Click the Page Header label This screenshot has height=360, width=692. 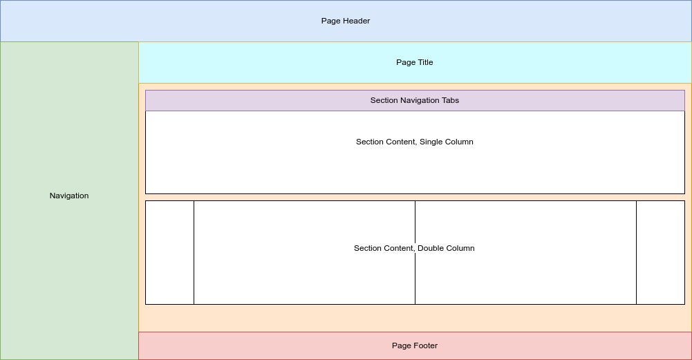(x=346, y=21)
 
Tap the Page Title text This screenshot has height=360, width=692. (x=415, y=62)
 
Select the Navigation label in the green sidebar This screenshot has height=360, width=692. (x=69, y=196)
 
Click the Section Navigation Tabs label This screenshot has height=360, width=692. (x=415, y=100)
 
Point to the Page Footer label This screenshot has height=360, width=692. (x=415, y=345)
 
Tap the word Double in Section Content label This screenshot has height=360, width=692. (x=430, y=248)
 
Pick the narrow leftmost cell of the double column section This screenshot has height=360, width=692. (x=169, y=252)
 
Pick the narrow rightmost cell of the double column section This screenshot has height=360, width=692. (x=660, y=252)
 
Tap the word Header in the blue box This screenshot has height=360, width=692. (x=357, y=21)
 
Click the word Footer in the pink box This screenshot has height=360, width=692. (x=426, y=345)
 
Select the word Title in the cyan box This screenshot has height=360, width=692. (x=424, y=62)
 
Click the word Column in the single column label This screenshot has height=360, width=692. (x=460, y=142)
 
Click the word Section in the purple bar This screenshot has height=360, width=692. (x=384, y=100)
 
